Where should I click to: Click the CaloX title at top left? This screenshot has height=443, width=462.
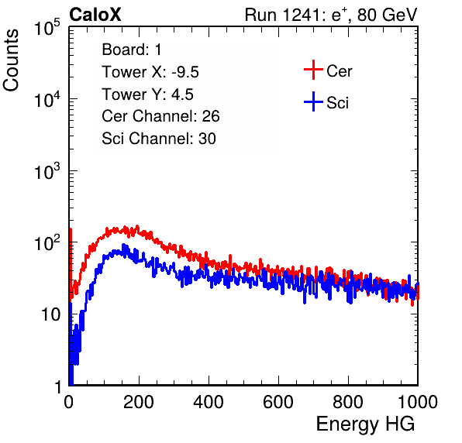click(95, 15)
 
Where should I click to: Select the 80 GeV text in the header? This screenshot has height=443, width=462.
click(388, 15)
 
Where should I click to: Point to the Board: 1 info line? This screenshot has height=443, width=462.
click(132, 50)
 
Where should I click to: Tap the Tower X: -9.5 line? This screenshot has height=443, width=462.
click(150, 72)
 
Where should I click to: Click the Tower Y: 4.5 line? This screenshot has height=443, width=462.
click(147, 94)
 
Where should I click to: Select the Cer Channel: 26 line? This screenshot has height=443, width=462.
click(160, 116)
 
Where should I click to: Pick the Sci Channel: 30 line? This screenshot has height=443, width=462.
click(159, 139)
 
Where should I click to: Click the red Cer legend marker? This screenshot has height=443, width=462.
click(313, 70)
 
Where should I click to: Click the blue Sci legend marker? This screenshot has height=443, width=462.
click(313, 101)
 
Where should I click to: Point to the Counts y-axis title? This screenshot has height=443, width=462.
click(11, 60)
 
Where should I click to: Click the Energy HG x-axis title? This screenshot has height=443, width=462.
click(365, 424)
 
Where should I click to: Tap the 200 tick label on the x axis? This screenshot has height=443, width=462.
click(139, 402)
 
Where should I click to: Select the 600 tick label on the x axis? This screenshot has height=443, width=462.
click(278, 402)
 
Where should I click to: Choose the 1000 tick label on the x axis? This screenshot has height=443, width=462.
click(418, 402)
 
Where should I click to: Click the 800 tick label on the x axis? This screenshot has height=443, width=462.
click(348, 402)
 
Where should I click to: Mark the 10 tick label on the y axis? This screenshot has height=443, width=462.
click(51, 315)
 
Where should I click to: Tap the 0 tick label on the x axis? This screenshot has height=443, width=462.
click(69, 402)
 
